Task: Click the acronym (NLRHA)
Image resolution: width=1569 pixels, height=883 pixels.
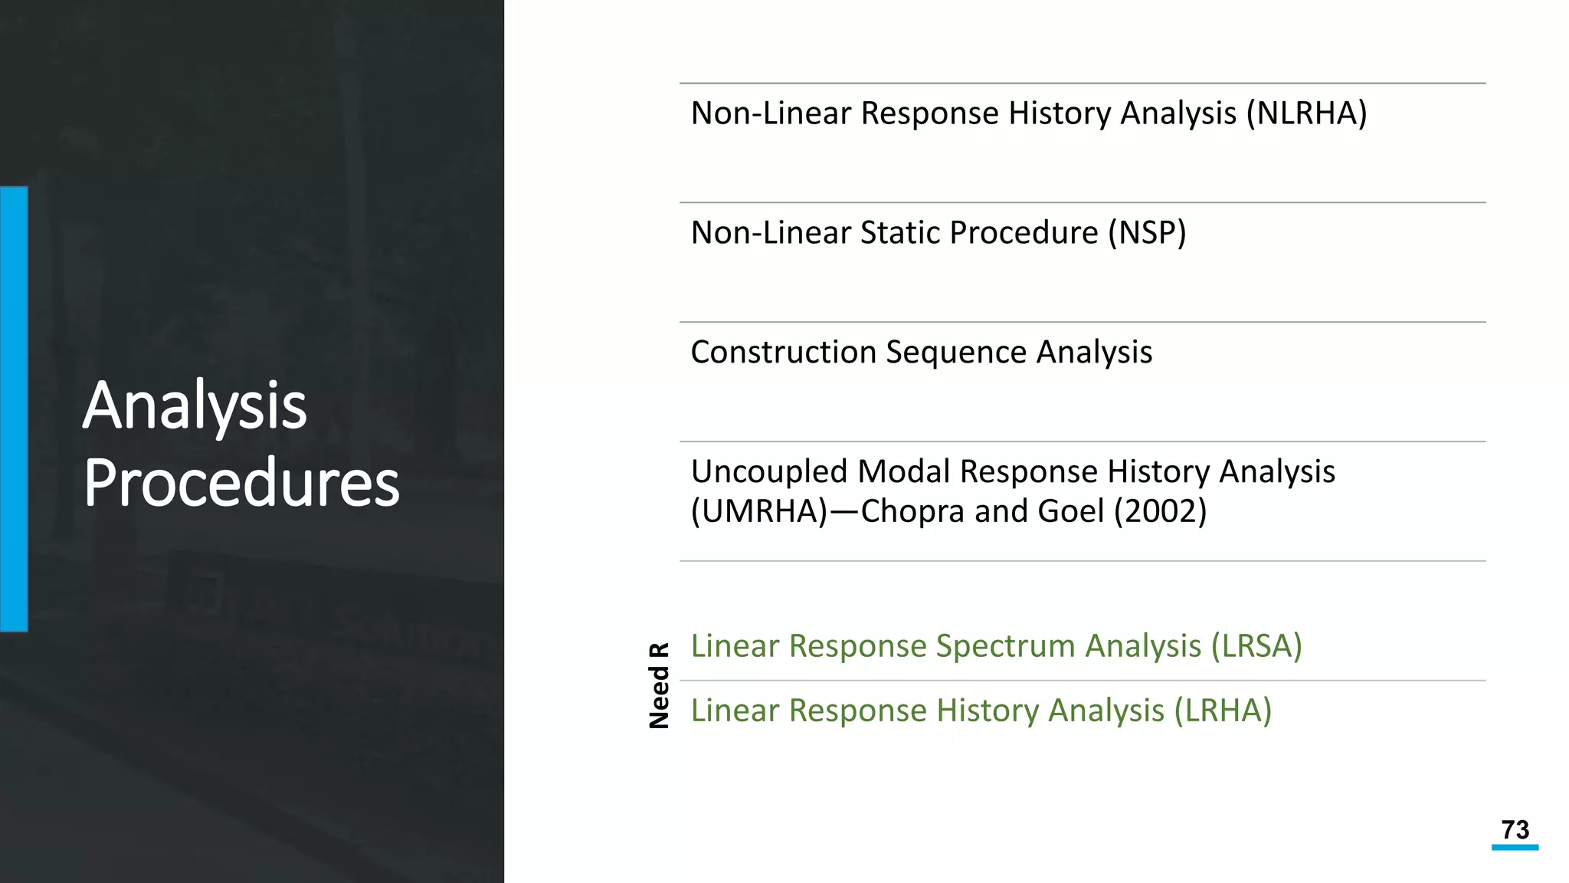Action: [x=1306, y=113]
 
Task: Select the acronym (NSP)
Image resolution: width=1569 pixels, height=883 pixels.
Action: [x=1147, y=233]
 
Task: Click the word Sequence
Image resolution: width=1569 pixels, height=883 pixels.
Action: [x=956, y=353]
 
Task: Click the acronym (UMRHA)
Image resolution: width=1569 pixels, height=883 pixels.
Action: [x=759, y=511]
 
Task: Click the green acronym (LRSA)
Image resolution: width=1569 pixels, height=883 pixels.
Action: [x=1256, y=646]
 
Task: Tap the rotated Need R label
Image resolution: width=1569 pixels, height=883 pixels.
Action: [x=659, y=685]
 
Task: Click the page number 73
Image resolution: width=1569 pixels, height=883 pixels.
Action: [x=1515, y=829]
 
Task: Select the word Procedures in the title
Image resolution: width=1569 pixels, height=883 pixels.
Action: [x=241, y=483]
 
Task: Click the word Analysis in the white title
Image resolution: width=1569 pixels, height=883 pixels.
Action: [x=195, y=405]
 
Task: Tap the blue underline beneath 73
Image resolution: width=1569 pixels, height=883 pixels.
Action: [x=1515, y=847]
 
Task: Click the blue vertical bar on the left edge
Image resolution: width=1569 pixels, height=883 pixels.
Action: [x=14, y=409]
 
